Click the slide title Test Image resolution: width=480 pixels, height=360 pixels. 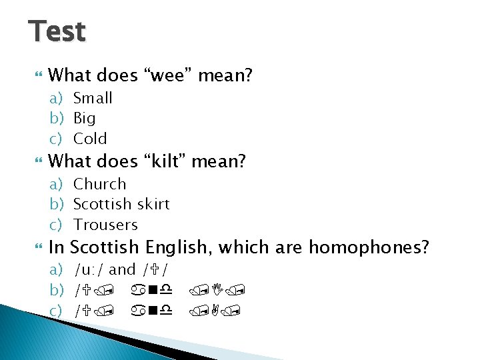[x=57, y=31]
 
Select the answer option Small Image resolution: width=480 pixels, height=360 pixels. [x=93, y=98]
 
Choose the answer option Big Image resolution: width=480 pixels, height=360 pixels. [x=84, y=119]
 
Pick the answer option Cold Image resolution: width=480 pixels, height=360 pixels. [x=90, y=139]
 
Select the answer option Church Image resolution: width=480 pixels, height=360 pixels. [x=99, y=184]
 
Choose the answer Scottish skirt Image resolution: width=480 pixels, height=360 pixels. [x=121, y=204]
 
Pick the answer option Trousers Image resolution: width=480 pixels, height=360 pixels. [x=105, y=225]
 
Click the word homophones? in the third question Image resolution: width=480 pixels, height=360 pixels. [x=368, y=247]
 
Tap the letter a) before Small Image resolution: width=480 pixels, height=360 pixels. [x=57, y=98]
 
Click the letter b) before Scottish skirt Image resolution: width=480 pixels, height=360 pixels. [x=57, y=204]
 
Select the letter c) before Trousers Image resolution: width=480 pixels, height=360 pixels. [x=57, y=225]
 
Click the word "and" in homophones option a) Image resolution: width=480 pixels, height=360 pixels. [x=122, y=270]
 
